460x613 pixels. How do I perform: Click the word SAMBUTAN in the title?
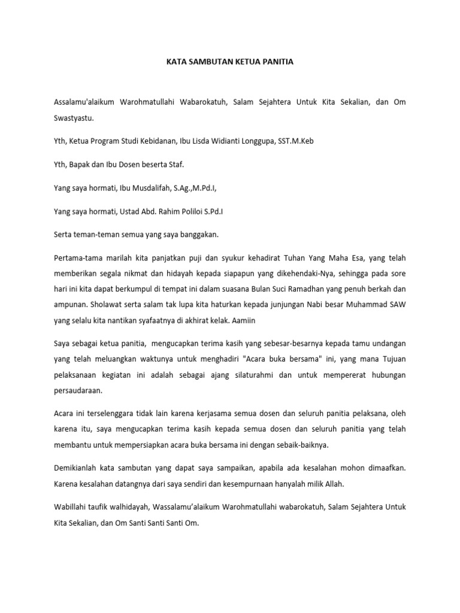207,62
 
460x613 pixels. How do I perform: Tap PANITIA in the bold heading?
277,62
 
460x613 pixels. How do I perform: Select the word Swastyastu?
74,119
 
